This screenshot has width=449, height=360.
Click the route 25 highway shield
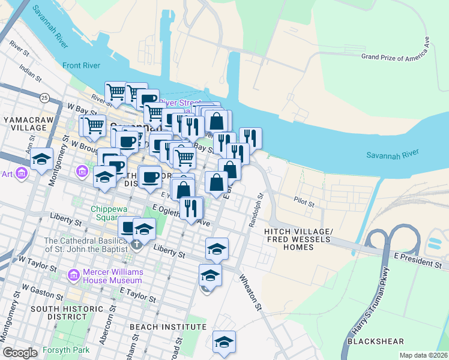pos(44,97)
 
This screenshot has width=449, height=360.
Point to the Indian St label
pos(30,73)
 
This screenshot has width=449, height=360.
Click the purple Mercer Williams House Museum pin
pos(74,275)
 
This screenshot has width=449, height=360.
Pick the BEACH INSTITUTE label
pos(168,327)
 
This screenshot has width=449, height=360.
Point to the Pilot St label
pos(304,200)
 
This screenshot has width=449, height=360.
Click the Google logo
pos(20,352)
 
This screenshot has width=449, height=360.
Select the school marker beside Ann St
pos(41,160)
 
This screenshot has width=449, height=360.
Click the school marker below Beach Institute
pos(224,343)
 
